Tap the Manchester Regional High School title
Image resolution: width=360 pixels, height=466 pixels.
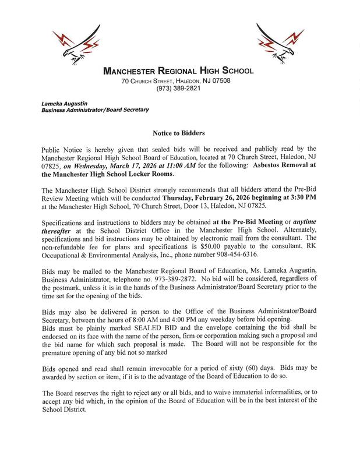[178, 71]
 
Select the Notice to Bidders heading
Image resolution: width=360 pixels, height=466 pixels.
[179, 133]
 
